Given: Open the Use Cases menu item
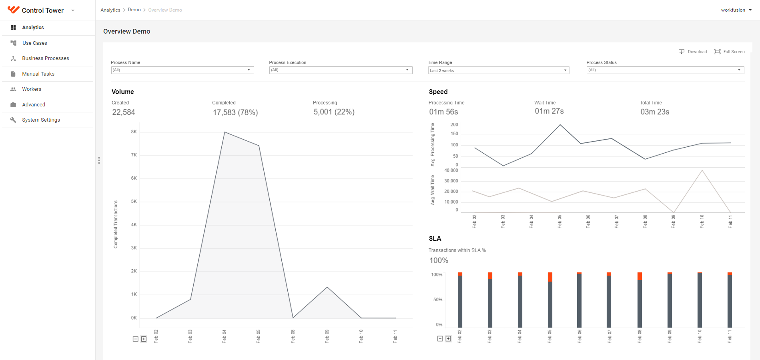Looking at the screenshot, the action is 34,43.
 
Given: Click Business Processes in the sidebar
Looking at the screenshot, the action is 45,58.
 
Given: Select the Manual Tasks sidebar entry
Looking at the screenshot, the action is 38,74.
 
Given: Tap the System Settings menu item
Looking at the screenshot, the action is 41,120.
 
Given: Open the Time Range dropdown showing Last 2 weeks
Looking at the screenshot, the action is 498,70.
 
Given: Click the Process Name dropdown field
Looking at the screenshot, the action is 182,70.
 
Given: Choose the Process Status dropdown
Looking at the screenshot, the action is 665,70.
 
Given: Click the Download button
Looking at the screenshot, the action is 693,52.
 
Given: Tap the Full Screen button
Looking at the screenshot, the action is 729,52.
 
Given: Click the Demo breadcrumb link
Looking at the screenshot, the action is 134,10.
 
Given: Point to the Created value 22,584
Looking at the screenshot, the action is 124,112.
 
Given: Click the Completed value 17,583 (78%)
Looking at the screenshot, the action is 235,112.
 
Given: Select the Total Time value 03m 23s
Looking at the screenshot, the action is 655,112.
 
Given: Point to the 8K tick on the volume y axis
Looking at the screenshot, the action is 134,132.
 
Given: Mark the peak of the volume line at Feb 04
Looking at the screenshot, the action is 225,132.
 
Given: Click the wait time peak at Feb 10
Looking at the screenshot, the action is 702,170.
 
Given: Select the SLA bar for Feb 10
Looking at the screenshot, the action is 700,300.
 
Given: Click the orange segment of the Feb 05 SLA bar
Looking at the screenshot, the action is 550,277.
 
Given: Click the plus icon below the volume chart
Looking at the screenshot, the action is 144,339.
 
